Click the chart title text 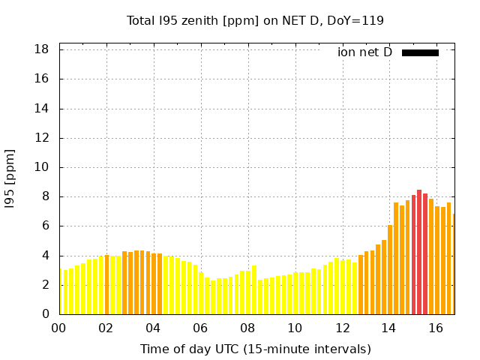click(x=255, y=20)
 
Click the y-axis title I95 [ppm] click(x=10, y=178)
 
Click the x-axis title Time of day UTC click(x=255, y=349)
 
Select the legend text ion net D click(x=365, y=52)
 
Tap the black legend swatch click(x=420, y=52)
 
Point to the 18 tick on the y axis click(x=42, y=49)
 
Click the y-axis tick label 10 click(x=42, y=167)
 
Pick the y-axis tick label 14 click(x=42, y=109)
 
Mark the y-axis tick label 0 click(x=46, y=314)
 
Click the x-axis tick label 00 click(x=58, y=328)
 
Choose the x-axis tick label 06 click(x=200, y=328)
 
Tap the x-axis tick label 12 click(x=342, y=328)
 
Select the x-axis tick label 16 click(x=436, y=328)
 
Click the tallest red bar click(x=419, y=252)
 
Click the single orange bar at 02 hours click(x=106, y=285)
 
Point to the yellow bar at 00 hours click(x=60, y=292)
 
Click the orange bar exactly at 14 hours click(x=390, y=270)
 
